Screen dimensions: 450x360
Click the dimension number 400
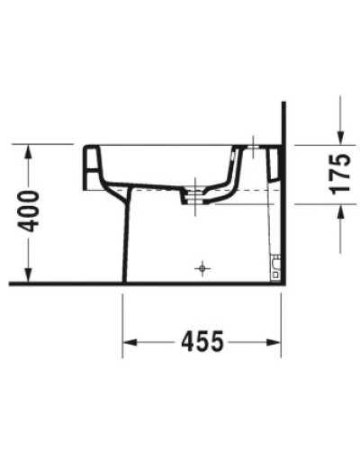(x=31, y=212)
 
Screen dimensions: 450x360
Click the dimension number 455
(x=202, y=342)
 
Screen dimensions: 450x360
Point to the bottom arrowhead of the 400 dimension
(x=31, y=276)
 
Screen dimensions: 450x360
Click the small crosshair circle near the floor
(x=202, y=267)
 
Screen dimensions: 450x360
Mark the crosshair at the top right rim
(x=254, y=144)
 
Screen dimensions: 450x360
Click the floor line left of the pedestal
(x=63, y=283)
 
